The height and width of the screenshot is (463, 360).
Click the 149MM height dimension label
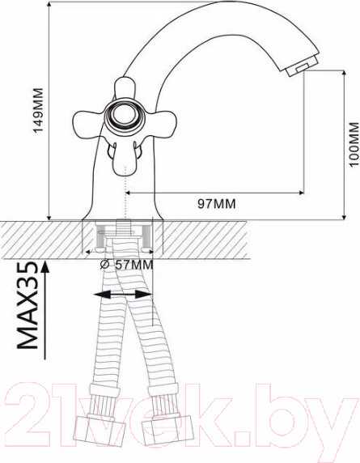(x=38, y=110)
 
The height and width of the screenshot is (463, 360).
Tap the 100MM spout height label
(x=354, y=144)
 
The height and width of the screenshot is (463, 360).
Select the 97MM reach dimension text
(x=217, y=204)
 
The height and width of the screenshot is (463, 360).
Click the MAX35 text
(x=28, y=306)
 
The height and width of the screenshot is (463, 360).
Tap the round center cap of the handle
(x=125, y=115)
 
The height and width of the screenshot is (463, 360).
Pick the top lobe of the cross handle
(x=125, y=87)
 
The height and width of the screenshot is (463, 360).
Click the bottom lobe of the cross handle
(x=125, y=159)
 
